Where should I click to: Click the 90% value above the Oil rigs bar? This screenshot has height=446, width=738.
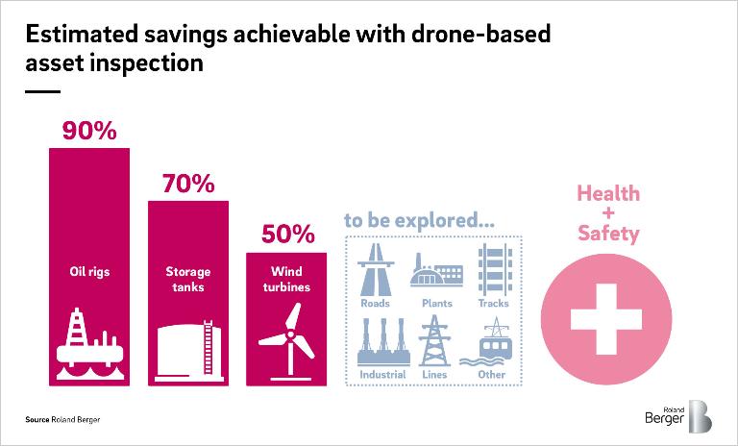(89, 131)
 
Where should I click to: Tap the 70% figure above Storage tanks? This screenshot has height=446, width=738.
(188, 184)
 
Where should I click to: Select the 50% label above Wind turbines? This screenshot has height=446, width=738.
(287, 234)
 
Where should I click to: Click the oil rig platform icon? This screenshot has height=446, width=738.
(90, 344)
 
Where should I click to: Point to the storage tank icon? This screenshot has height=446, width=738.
(188, 351)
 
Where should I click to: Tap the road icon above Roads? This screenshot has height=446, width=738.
(375, 269)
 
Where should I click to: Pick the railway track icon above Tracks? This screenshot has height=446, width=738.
(494, 269)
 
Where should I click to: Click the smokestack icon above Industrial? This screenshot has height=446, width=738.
(383, 342)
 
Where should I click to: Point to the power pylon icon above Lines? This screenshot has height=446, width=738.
(434, 340)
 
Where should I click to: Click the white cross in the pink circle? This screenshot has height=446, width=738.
(606, 319)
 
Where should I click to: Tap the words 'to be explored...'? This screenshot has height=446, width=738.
(419, 220)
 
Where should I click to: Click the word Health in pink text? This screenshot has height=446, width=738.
(608, 193)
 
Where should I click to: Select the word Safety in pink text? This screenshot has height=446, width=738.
(608, 234)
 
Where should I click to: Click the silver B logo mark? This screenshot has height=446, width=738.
(700, 416)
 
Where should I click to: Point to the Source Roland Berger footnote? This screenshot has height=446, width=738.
(62, 419)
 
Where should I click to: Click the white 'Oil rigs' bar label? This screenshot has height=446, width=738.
(89, 272)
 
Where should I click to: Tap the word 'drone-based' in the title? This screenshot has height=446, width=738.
(481, 34)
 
